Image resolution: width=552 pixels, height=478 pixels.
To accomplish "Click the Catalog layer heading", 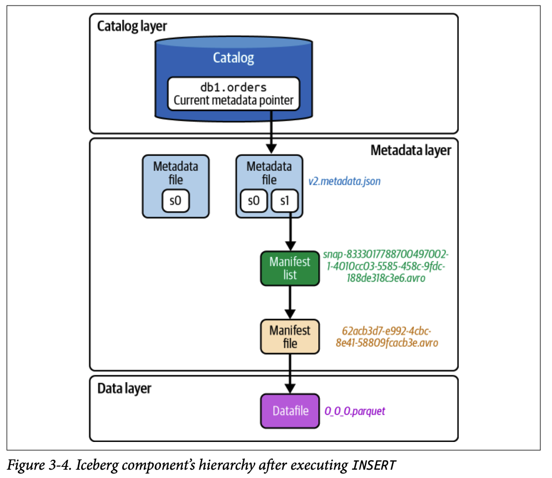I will (x=132, y=26).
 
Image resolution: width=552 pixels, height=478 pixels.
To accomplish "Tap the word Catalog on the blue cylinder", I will (x=234, y=58).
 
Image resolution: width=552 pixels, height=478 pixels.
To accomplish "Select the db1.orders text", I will (x=233, y=87).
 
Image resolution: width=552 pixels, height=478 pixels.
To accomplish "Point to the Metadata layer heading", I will (x=410, y=150).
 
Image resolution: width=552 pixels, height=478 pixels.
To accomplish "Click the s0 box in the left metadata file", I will (x=175, y=201).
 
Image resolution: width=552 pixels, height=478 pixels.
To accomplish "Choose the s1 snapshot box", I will (x=285, y=201).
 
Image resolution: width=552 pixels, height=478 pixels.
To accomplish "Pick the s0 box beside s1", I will (x=253, y=201).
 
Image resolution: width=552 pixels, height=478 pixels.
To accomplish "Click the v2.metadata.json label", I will (x=344, y=181).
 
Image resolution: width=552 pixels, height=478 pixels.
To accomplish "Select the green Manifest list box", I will (x=290, y=268).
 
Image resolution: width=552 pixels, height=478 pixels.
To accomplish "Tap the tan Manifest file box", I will (x=290, y=337).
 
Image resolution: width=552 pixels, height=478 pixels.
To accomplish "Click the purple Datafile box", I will (x=290, y=411).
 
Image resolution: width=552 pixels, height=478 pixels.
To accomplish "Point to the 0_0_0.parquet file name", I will (x=355, y=411).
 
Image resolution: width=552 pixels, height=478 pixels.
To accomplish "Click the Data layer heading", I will (x=124, y=388).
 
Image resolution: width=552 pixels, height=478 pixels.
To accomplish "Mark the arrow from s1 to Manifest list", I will (x=290, y=233).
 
